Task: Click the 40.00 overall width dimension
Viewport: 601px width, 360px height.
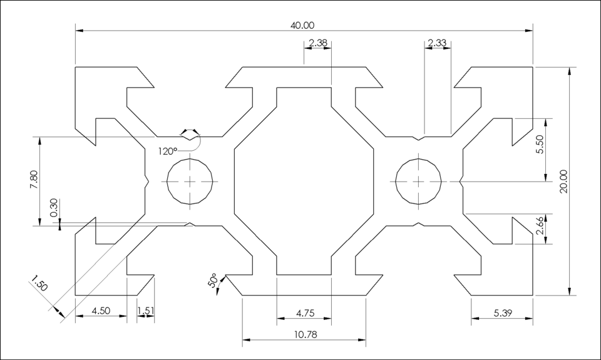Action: (302, 25)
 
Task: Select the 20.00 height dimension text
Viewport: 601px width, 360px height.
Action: (563, 182)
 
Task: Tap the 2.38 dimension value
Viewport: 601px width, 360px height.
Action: (318, 43)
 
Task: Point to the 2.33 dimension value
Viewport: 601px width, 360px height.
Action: (437, 43)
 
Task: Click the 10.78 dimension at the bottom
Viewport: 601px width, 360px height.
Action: (304, 335)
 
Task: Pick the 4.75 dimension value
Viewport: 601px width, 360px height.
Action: (304, 312)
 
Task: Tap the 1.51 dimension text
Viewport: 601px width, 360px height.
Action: (145, 311)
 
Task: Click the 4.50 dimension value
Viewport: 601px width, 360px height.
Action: (101, 311)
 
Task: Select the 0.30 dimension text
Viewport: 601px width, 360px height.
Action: (54, 208)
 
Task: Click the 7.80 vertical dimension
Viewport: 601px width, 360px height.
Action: (34, 180)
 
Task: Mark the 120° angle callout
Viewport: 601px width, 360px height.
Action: (167, 151)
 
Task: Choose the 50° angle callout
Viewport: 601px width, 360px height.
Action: (212, 280)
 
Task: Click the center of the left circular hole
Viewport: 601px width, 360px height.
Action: (190, 181)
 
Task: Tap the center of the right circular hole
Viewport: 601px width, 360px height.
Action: (418, 181)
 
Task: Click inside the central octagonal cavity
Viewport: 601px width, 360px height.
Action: (304, 181)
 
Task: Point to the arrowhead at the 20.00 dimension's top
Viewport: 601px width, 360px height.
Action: (569, 70)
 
